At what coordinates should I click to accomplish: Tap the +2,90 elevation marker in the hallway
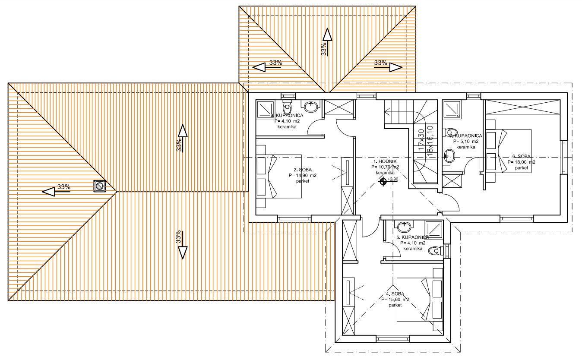point(383,181)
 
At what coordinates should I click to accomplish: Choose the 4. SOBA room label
point(395,294)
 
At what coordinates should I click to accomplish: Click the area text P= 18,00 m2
point(521,162)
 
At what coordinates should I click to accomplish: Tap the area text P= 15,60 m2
point(395,299)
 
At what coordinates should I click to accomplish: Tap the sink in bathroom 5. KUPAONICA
point(404,225)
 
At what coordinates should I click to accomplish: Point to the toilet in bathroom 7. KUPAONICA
point(452,132)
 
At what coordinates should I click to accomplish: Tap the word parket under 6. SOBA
point(521,168)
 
